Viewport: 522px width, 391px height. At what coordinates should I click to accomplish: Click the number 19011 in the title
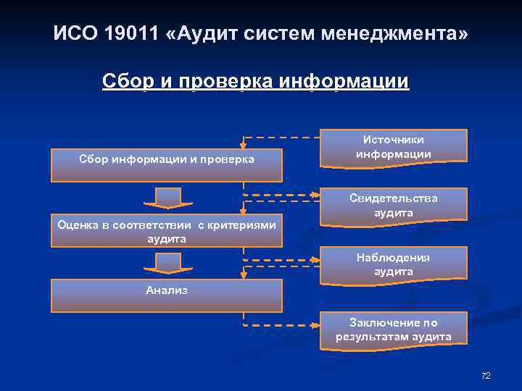coord(128,33)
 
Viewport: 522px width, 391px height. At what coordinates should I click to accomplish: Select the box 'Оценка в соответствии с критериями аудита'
coord(166,231)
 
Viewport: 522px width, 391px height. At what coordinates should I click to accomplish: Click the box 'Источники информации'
coord(394,147)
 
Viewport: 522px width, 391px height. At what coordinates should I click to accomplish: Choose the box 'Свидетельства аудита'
coord(394,205)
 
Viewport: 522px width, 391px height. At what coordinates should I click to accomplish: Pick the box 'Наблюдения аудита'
coord(394,264)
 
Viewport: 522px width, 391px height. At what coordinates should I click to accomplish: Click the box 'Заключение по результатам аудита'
coord(394,329)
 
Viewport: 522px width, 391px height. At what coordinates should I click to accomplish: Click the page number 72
coord(486,376)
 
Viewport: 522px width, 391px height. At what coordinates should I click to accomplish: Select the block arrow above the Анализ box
coord(167,263)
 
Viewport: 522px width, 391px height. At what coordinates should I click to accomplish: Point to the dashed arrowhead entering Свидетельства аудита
coord(315,195)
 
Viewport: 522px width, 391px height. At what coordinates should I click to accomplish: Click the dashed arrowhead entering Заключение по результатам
coord(315,324)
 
